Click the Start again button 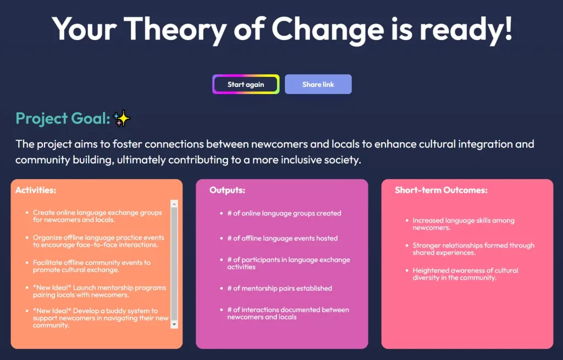coord(246,85)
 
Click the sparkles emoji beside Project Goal coord(122,118)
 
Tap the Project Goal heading coord(63,118)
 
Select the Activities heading coord(36,190)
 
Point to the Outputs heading coord(227,190)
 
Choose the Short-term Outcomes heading coord(441,190)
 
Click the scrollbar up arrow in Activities coord(175,204)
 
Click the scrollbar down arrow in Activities coord(175,324)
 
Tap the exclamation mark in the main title coord(507,29)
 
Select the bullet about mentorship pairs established coord(280,288)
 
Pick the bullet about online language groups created coord(284,213)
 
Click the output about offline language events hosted coord(283,239)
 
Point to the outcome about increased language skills coord(463,224)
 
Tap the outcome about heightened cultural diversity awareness coord(465,274)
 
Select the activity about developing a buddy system coord(101,318)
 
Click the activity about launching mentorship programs coord(99,291)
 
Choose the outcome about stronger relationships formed coord(473,249)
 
